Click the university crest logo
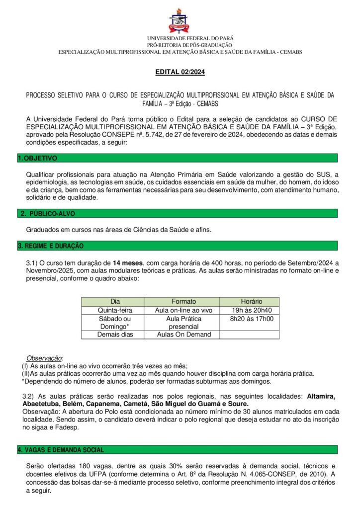pos(180,20)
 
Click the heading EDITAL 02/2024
pos(180,72)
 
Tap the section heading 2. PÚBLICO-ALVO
pos(47,213)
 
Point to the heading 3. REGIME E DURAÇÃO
pos(50,246)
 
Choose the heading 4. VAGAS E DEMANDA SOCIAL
pos(61,449)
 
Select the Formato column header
pos(183,302)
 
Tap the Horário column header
pos(251,302)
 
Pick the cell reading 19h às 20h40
pos(251,310)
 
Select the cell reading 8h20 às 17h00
pos(251,319)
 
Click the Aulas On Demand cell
pos(183,335)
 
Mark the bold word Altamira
pos(321,396)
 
